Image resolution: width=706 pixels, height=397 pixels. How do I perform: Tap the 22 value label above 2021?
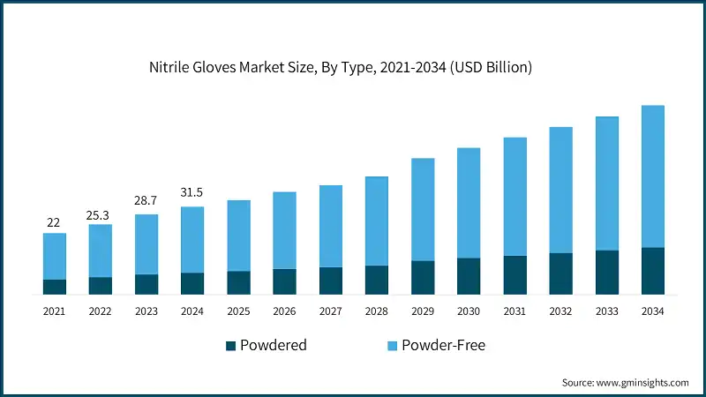55,221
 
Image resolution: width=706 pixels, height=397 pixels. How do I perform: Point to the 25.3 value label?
101,213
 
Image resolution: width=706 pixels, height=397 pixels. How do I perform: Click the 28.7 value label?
146,202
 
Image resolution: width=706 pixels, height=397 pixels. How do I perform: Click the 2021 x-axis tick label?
55,311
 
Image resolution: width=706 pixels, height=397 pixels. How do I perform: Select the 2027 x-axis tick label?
331,311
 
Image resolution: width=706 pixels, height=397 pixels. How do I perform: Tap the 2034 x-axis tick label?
653,311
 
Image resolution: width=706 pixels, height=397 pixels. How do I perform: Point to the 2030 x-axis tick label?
469,311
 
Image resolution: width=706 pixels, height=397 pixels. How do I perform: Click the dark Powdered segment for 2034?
653,271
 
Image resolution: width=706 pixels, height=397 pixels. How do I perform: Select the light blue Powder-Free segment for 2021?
55,256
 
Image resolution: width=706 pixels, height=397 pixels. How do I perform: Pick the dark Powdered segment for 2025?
238,282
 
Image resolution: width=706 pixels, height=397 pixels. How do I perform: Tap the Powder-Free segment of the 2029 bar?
423,209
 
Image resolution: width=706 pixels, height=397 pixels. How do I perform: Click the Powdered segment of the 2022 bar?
101,285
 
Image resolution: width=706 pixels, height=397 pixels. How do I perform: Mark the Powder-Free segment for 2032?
560,190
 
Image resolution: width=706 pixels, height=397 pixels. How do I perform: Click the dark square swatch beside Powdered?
231,345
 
